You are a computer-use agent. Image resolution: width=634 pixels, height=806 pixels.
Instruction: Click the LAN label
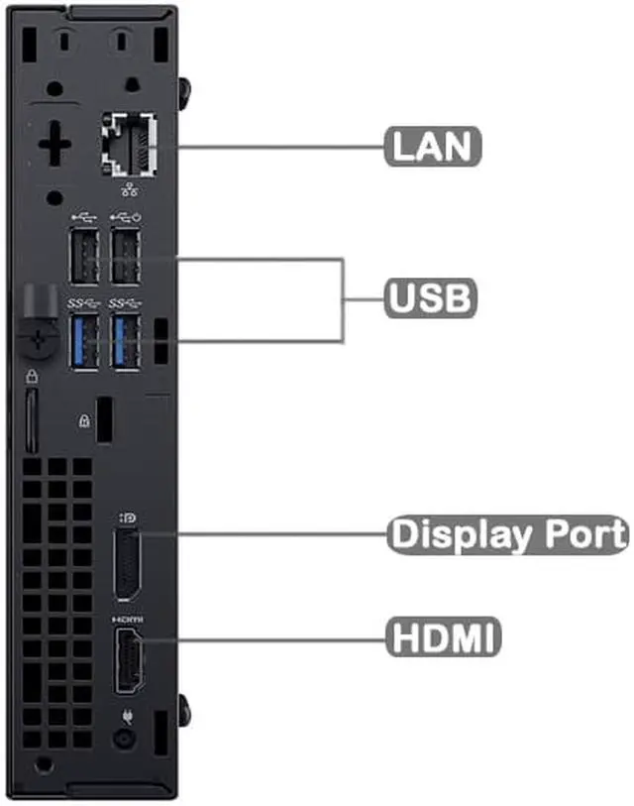point(433,146)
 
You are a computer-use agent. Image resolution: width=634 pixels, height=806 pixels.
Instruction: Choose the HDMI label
point(443,635)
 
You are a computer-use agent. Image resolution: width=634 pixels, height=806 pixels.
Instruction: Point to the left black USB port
point(85,259)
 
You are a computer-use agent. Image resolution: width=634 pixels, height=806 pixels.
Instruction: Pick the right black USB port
point(125,259)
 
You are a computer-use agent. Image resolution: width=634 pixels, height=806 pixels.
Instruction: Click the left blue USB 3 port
point(85,340)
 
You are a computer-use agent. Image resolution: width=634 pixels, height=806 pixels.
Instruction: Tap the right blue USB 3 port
point(125,340)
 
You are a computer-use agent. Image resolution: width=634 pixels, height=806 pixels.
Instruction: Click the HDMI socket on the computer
point(127,660)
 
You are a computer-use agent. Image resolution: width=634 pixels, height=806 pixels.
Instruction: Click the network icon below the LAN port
point(129,189)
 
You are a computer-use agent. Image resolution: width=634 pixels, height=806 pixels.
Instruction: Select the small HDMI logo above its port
point(128,618)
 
